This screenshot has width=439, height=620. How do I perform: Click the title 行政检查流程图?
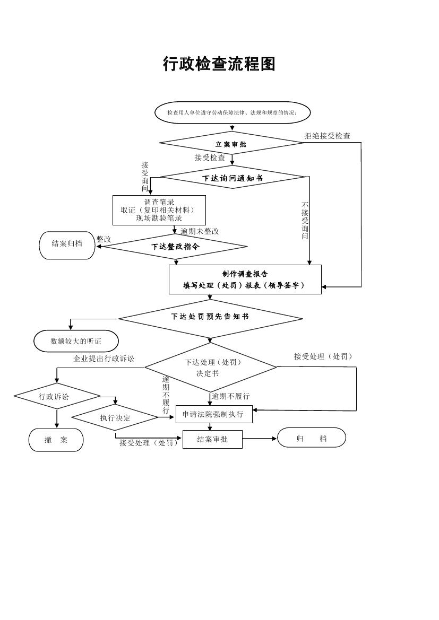[x=219, y=64]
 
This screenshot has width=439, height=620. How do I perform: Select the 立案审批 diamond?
[x=231, y=144]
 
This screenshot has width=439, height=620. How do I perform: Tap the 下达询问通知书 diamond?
[x=233, y=178]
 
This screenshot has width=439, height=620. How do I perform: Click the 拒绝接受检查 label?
[x=327, y=136]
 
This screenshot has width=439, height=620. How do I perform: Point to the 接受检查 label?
[x=210, y=158]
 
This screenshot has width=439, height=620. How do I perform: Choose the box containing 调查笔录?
[x=159, y=210]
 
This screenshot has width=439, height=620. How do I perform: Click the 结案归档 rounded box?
[x=67, y=244]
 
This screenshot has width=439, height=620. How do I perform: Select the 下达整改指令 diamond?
[x=176, y=247]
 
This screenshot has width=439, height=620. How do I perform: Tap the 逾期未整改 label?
[x=200, y=231]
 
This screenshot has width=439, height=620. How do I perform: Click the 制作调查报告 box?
[x=245, y=280]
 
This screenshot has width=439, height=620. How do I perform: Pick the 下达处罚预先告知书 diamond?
[x=210, y=317]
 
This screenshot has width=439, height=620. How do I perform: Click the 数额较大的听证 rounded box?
[x=76, y=341]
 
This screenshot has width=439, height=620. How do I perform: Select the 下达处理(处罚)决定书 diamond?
[x=211, y=367]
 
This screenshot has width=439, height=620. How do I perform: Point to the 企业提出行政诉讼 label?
[x=104, y=359]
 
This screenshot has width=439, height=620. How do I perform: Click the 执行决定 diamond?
[x=115, y=418]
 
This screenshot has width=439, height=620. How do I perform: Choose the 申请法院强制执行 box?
[x=213, y=414]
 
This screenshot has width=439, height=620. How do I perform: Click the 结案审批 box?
[x=212, y=439]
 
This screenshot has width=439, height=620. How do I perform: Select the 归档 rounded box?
[x=312, y=438]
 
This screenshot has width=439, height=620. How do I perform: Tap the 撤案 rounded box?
[x=56, y=440]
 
